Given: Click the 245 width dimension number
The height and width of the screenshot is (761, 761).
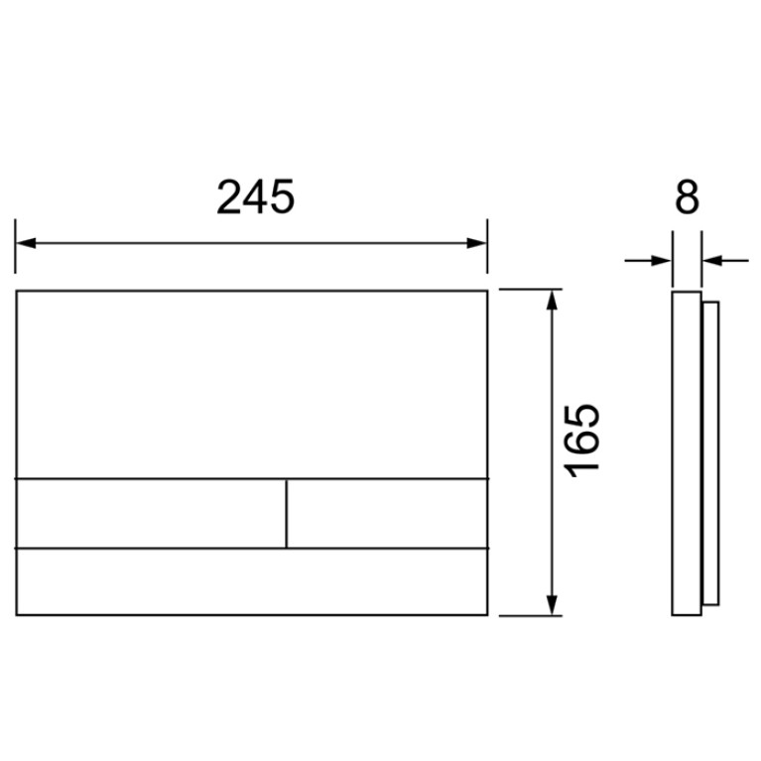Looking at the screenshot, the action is pyautogui.click(x=255, y=196).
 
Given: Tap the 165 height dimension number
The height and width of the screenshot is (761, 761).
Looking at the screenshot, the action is pyautogui.click(x=581, y=441).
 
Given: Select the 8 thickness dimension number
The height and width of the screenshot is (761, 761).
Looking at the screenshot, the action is pyautogui.click(x=687, y=196).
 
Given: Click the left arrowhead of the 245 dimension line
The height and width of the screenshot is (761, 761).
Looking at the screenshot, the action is pyautogui.click(x=26, y=243).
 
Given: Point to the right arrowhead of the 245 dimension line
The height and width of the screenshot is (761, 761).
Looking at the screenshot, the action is pyautogui.click(x=476, y=243).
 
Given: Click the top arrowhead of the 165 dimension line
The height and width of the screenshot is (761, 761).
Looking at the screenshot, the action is pyautogui.click(x=552, y=300).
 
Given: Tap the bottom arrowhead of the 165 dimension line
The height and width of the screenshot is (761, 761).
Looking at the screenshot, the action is pyautogui.click(x=552, y=605).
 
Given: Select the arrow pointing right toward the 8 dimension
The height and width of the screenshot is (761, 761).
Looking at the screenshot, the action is pyautogui.click(x=648, y=261).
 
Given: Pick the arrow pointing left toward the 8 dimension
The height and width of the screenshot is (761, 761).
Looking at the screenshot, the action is pyautogui.click(x=725, y=261).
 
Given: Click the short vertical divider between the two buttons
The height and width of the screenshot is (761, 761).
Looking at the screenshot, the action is pyautogui.click(x=287, y=514).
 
